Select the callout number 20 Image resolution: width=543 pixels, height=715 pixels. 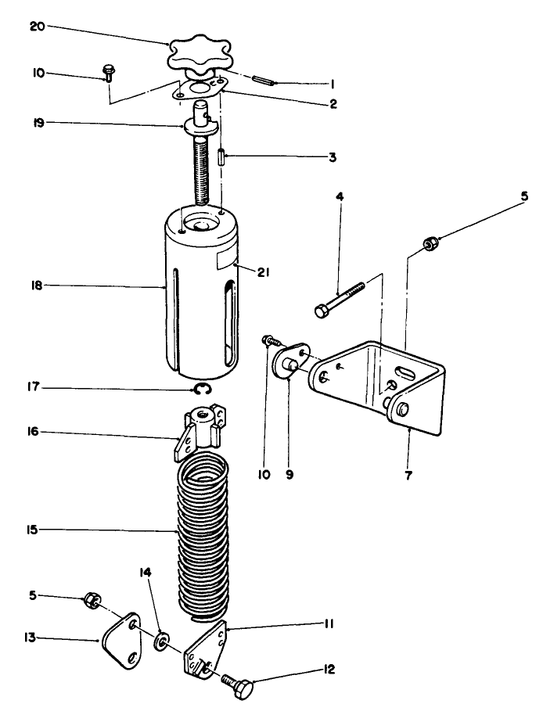pos(38,27)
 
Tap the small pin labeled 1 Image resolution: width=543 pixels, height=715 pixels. pos(264,80)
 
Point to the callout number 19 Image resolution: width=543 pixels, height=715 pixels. pos(39,123)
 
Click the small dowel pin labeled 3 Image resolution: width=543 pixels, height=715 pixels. pos(221,158)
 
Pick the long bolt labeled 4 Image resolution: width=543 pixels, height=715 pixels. pos(340,299)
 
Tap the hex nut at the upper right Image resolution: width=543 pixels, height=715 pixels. pos(429,243)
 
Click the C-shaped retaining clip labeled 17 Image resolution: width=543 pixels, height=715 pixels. pos(200,389)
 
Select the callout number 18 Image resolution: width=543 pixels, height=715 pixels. pos(37,286)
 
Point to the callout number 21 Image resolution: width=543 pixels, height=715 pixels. pos(263,273)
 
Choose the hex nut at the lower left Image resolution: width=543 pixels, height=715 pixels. pos(92,601)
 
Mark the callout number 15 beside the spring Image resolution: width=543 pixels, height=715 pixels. pos(32,530)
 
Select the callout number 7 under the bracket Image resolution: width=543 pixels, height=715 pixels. pos(408,476)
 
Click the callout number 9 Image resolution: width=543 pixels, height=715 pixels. pos(289,475)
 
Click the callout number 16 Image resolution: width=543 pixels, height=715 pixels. pos(33,431)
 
